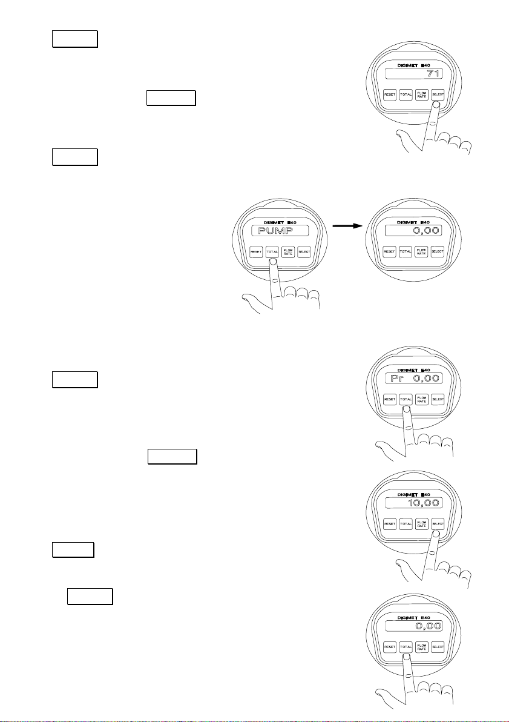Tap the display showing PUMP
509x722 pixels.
(279, 231)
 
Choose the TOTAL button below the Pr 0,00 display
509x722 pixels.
(406, 400)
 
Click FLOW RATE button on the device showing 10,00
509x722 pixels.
(422, 523)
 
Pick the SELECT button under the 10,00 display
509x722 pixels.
(438, 523)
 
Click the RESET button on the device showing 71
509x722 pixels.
(390, 94)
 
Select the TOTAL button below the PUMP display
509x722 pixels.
(272, 251)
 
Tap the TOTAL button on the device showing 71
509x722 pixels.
(406, 94)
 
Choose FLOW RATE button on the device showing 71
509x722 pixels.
(422, 94)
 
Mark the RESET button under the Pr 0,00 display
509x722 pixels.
(390, 400)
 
